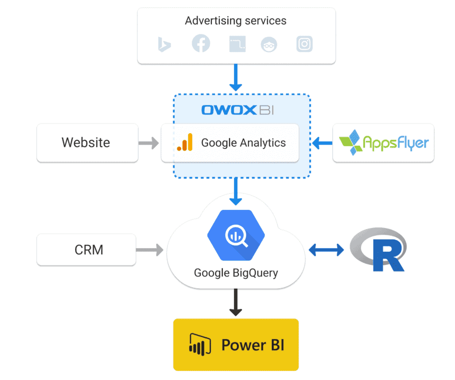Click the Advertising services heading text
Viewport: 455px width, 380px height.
coord(236,21)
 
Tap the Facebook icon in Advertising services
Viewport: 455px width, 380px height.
coord(201,43)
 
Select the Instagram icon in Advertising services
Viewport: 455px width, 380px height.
coord(305,44)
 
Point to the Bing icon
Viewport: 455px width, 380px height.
coord(164,44)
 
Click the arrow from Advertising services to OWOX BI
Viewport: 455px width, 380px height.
coord(236,77)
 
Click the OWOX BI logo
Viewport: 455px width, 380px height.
coord(238,110)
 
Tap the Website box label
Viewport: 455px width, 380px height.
coord(86,143)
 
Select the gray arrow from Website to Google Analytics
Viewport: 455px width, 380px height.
coord(149,143)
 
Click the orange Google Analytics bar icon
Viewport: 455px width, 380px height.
coord(185,142)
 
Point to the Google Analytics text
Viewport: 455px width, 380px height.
coord(244,143)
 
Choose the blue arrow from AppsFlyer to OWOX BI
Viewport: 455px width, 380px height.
coord(323,143)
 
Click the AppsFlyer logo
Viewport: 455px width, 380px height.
coord(383,143)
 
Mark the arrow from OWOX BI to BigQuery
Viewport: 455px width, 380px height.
coord(236,192)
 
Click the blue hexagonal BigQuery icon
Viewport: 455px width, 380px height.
coord(236,235)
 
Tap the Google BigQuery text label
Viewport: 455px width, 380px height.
coord(236,273)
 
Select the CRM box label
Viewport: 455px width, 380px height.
coord(89,250)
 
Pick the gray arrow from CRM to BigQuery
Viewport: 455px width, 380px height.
coord(150,250)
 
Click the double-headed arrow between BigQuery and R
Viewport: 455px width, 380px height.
coord(326,250)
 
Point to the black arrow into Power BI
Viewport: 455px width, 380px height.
coord(236,302)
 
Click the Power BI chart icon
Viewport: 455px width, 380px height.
coord(200,344)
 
